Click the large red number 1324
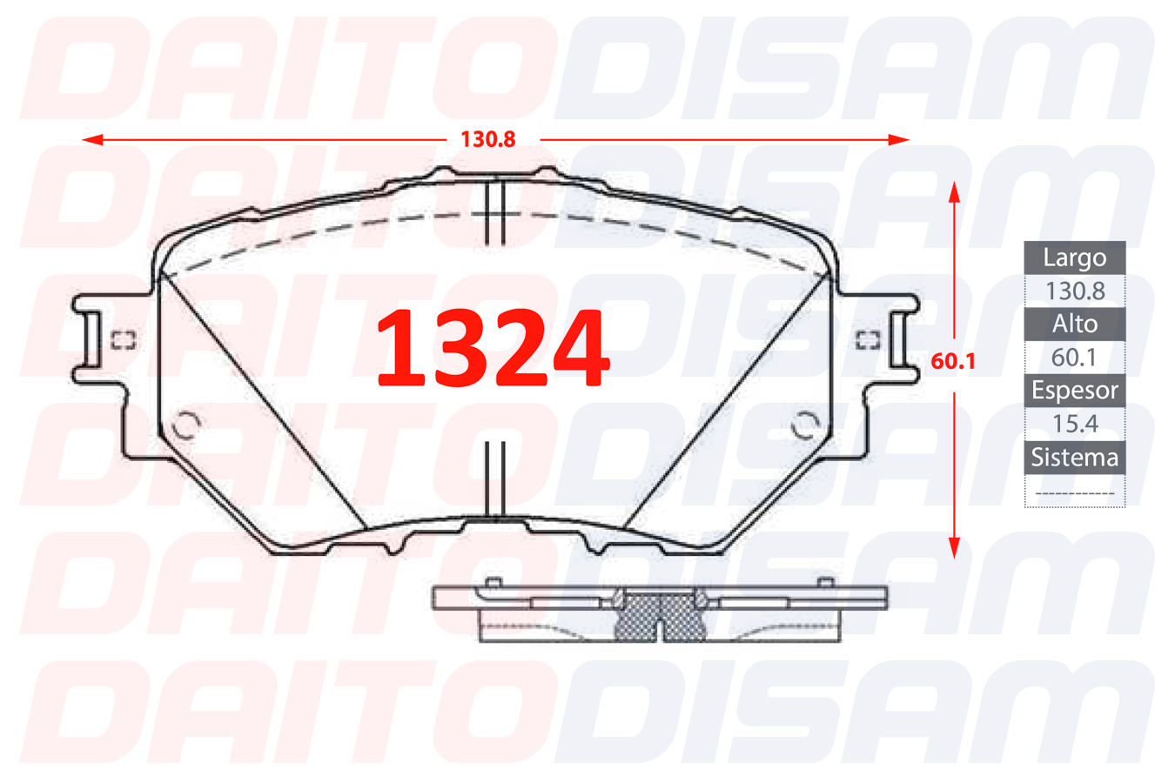[x=493, y=347]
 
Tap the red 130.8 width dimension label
[x=487, y=139]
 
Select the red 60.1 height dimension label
[x=952, y=361]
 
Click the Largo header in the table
[x=1074, y=258]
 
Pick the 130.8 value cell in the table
[x=1074, y=291]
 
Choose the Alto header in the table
[x=1074, y=325]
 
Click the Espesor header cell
[x=1074, y=391]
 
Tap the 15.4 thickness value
[x=1074, y=424]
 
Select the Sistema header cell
[x=1074, y=458]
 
